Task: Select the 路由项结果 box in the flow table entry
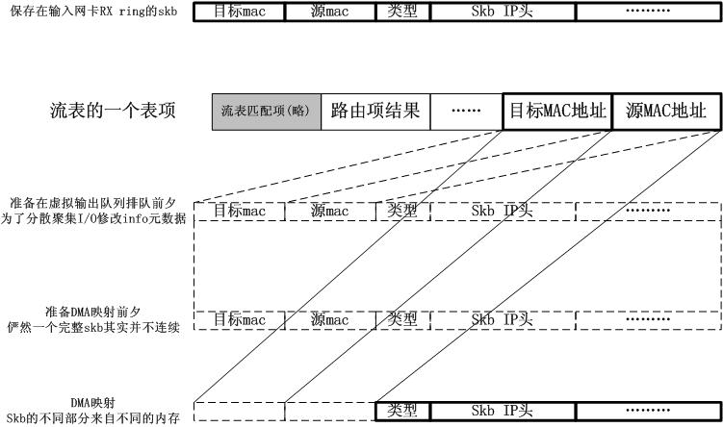tap(374, 111)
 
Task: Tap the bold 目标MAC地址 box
tap(557, 111)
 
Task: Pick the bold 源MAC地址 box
tap(666, 111)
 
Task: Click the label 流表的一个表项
tap(113, 111)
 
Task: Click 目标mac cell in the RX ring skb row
tap(240, 13)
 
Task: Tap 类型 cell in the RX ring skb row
tap(401, 13)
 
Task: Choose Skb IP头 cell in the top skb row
tap(498, 13)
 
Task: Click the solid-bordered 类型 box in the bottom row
tap(401, 411)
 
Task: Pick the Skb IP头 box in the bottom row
tap(498, 411)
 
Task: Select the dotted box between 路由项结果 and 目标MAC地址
tap(466, 111)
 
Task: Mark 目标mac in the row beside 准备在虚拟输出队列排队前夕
tap(240, 211)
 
